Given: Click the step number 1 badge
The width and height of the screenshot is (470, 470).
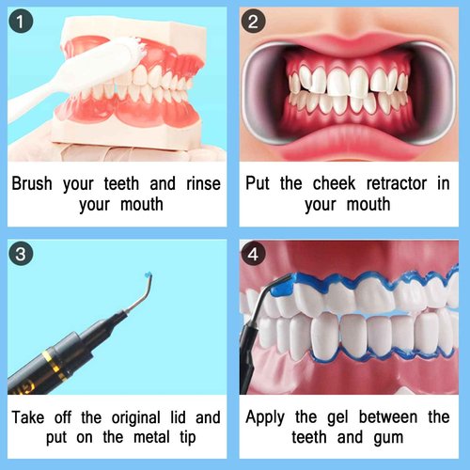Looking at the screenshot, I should point(20,21).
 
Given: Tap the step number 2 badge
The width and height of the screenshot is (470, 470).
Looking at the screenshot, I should point(256,22).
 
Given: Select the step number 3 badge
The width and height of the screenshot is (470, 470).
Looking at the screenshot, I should point(21,254).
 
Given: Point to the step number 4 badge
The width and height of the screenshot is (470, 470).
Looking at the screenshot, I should point(257,255).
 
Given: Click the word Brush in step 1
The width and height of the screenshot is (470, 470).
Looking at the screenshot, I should point(35,182).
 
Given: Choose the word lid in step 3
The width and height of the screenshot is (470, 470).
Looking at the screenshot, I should point(182,415).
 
